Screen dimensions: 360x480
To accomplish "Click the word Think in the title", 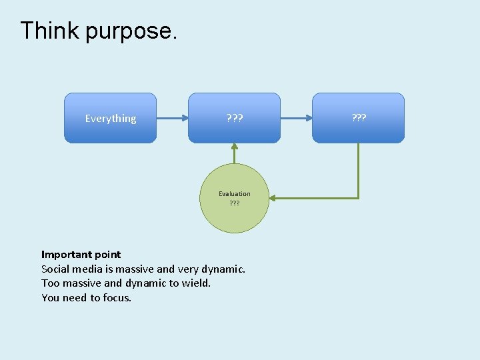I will click(50, 31).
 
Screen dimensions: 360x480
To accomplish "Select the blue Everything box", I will click(110, 118).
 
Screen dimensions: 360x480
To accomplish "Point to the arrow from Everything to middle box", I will click(172, 119).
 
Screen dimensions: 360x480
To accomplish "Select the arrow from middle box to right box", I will click(296, 119).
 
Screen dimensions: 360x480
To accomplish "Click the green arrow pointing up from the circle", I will click(234, 153).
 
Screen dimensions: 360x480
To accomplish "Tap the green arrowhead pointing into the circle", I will click(275, 198).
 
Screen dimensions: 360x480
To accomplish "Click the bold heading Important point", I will click(81, 254).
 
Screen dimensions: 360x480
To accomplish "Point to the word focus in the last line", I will click(117, 298).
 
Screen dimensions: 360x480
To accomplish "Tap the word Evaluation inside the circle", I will click(235, 193).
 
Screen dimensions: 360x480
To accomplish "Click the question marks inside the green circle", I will click(235, 203).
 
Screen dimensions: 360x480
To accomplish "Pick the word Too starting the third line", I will click(50, 283).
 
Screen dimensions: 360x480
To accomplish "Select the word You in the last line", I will click(50, 298).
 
